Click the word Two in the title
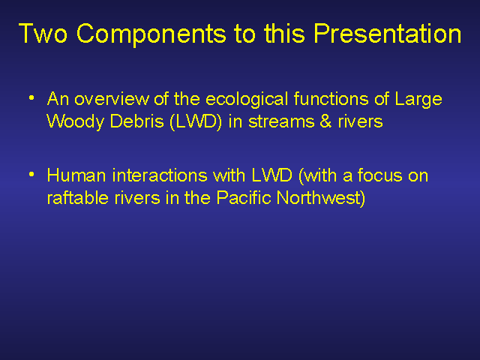point(43,33)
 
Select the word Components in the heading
point(151,34)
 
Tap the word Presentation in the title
point(388,34)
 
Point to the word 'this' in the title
point(284,33)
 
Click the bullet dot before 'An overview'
point(31,98)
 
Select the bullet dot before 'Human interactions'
point(31,175)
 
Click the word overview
point(112,99)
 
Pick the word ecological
point(247,100)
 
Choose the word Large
point(418,100)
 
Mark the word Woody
point(76,122)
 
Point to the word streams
point(281,122)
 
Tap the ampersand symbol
point(325,121)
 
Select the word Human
point(76,175)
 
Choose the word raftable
point(78,198)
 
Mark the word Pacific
point(244,198)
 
